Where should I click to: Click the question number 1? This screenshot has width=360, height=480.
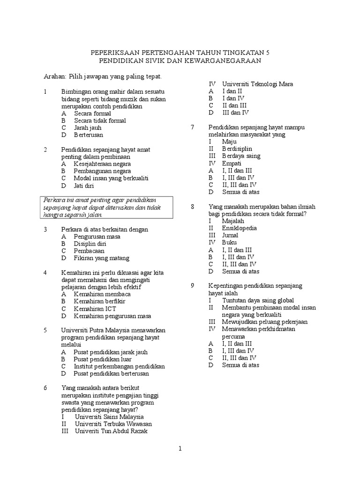(45, 92)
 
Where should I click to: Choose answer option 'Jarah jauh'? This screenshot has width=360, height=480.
(87, 127)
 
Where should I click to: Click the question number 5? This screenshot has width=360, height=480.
(45, 330)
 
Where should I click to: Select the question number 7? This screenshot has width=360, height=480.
(192, 127)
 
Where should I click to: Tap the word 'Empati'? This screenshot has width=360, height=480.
(232, 163)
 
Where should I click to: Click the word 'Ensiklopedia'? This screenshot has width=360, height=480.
(240, 228)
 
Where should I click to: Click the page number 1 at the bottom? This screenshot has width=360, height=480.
(180, 449)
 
